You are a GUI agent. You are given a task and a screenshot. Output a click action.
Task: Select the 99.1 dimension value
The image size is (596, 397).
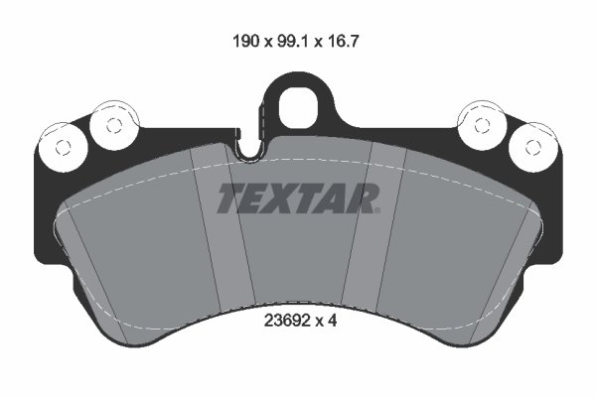pyautogui.click(x=297, y=42)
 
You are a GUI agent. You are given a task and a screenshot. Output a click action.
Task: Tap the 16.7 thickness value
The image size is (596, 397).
pyautogui.click(x=353, y=42)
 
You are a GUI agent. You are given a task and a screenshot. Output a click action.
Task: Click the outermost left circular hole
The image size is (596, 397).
pyautogui.click(x=62, y=147)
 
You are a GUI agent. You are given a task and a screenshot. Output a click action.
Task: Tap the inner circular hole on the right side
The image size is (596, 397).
pyautogui.click(x=483, y=124)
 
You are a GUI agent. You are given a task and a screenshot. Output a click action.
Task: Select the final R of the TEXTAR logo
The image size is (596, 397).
pyautogui.click(x=364, y=198)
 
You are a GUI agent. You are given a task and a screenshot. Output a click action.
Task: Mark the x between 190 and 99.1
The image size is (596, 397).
pyautogui.click(x=266, y=43)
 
